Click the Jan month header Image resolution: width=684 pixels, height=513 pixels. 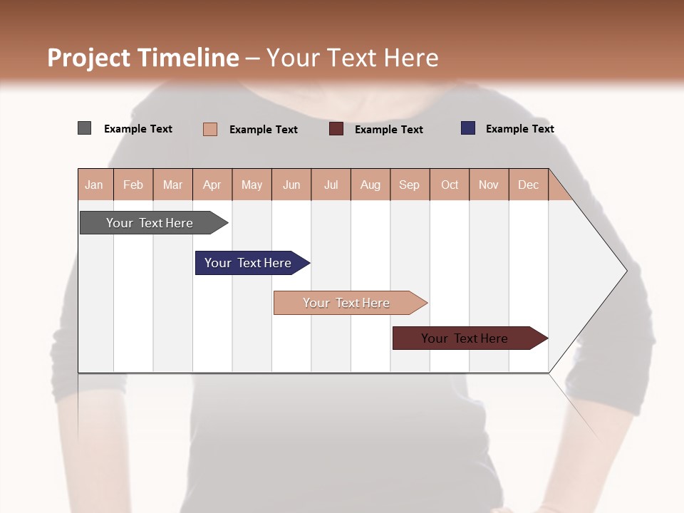[x=94, y=185]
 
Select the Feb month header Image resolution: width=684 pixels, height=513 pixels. [x=133, y=185]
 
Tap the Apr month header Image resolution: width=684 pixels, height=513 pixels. [x=212, y=185]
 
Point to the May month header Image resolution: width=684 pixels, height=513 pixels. [x=252, y=185]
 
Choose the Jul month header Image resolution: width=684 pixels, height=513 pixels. [x=331, y=185]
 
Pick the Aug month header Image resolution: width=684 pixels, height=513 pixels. [x=370, y=185]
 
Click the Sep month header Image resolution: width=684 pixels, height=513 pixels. [x=410, y=185]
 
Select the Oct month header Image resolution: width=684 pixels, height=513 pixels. [x=450, y=185]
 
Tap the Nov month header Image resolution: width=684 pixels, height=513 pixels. [x=489, y=185]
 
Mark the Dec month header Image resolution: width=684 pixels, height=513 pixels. [x=528, y=185]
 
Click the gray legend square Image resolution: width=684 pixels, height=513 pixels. [x=84, y=128]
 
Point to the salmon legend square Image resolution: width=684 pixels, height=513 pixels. [x=209, y=129]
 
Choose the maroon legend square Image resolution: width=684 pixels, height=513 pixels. [x=336, y=129]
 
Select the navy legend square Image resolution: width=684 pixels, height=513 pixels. [x=468, y=128]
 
